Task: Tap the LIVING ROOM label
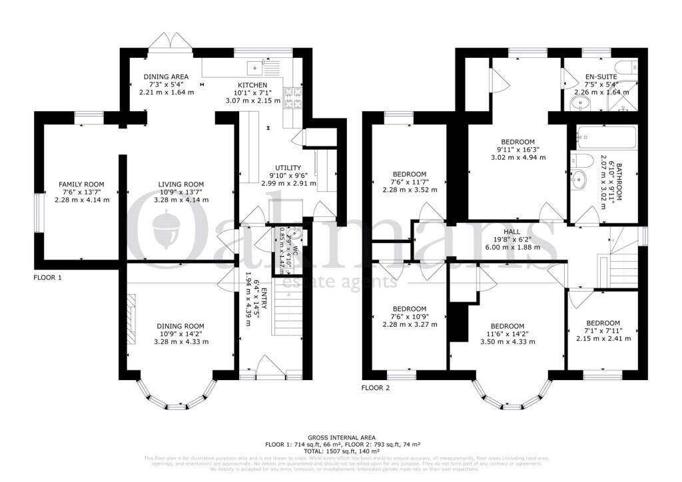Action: tap(180, 184)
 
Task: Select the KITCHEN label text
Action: tap(252, 85)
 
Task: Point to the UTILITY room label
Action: tap(288, 168)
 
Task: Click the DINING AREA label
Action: tap(166, 77)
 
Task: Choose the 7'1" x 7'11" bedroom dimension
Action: tap(603, 330)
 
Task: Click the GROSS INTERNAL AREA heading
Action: tap(340, 435)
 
